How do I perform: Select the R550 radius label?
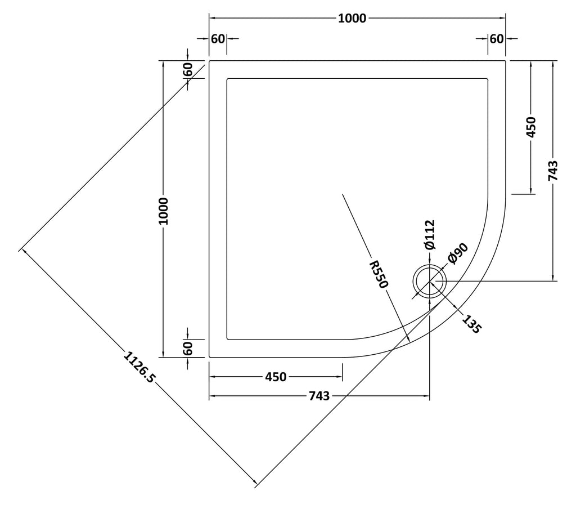pos(379,274)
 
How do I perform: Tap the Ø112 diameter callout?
pos(429,235)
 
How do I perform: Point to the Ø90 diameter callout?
pos(458,253)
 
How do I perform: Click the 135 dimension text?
pos(471,324)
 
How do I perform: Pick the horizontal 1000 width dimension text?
pos(352,19)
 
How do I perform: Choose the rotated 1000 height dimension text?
pos(163,211)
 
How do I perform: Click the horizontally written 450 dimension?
pos(276,377)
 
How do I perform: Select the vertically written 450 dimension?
pos(531,127)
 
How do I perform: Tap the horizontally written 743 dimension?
pos(319,396)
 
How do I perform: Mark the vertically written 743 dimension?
pos(553,171)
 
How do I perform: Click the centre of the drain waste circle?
pos(429,282)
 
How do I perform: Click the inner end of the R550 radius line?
pos(343,194)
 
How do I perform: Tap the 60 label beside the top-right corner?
pos(497,38)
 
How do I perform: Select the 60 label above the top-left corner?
pos(218,38)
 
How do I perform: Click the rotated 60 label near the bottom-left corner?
pos(187,348)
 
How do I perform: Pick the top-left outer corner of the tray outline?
pos(209,61)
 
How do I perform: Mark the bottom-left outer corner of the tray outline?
pos(209,357)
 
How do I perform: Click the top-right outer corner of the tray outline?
pos(506,61)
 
